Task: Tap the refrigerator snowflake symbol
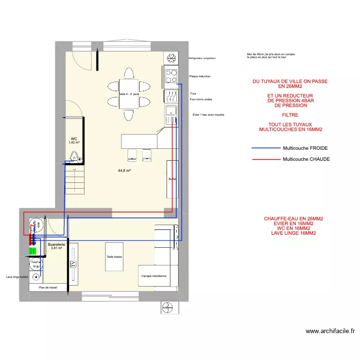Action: (171, 58)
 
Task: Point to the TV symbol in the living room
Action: (73, 264)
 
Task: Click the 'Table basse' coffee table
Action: (114, 257)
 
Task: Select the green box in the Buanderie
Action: (33, 251)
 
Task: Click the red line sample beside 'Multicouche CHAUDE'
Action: (265, 159)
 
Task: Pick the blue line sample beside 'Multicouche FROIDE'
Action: (265, 148)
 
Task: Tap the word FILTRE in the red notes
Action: (290, 115)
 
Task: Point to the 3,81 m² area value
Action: (56, 248)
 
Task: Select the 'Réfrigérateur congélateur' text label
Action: (202, 58)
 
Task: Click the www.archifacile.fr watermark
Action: (330, 331)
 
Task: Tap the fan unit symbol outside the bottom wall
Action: (169, 307)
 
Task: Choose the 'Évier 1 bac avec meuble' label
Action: (208, 115)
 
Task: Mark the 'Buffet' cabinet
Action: (172, 179)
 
